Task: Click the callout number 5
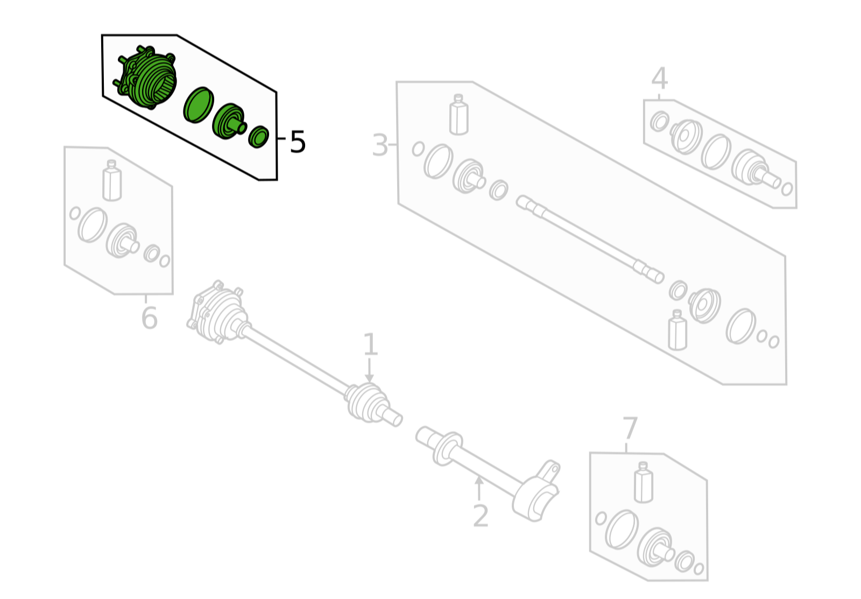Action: tap(298, 142)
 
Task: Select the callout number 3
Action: tap(380, 145)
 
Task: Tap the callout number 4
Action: tap(660, 79)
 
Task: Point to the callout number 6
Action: tap(150, 318)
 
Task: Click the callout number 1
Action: tap(370, 344)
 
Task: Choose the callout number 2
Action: tap(481, 516)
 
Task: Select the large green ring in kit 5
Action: tap(199, 105)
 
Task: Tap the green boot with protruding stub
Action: tap(229, 121)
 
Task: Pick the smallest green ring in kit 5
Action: tap(258, 137)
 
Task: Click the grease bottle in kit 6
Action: tap(112, 180)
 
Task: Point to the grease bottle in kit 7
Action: tap(643, 482)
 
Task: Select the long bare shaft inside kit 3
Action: tap(590, 239)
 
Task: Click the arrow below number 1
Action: tap(369, 370)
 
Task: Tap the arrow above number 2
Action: tap(479, 488)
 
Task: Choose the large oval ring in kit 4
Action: tap(716, 152)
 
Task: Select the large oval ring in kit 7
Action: tap(622, 530)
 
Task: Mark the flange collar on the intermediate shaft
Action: tap(448, 449)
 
